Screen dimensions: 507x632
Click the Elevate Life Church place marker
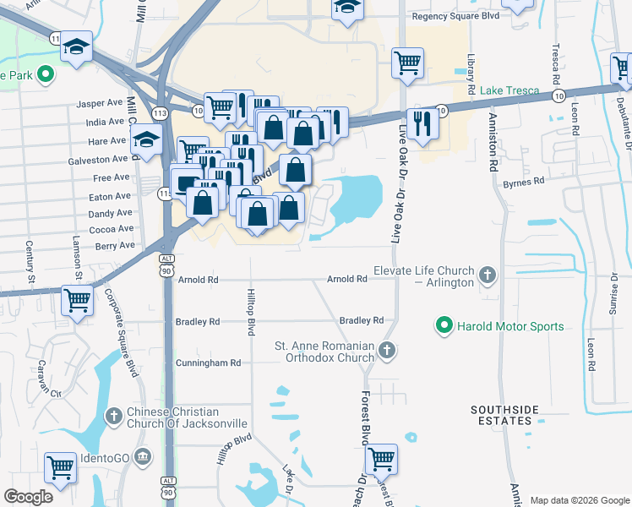click(487, 275)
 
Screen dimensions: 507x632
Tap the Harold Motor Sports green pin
click(443, 325)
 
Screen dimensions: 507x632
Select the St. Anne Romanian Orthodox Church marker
click(387, 349)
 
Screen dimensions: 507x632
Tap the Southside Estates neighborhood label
click(504, 416)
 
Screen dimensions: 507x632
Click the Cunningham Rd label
click(208, 363)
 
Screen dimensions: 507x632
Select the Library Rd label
click(471, 75)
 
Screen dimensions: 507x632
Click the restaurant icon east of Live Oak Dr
click(422, 123)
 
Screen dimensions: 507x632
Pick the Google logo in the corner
click(28, 497)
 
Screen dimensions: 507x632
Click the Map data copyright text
click(579, 500)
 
